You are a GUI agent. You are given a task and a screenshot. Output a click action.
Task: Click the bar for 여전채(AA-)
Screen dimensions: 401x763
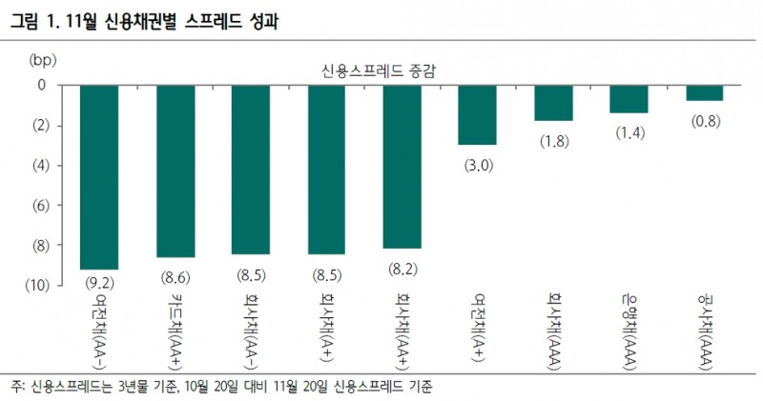[x=99, y=177]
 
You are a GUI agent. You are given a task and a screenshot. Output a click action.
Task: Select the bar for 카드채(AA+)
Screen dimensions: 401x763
[x=175, y=171]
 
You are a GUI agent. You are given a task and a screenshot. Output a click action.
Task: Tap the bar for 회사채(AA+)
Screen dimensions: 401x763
[x=402, y=167]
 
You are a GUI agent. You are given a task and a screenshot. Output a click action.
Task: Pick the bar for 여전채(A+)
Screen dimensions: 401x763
[x=478, y=114]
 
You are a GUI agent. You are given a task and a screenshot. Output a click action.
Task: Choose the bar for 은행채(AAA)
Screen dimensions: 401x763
[x=629, y=99]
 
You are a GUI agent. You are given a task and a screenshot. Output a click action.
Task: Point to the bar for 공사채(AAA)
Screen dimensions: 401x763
[x=705, y=92]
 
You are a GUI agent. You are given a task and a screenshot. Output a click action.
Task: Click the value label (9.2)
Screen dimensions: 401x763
[x=99, y=282]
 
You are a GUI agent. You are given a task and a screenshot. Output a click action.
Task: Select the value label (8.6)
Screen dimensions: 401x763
[x=175, y=276]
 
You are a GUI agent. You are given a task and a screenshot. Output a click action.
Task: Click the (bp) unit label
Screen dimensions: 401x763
[x=45, y=60]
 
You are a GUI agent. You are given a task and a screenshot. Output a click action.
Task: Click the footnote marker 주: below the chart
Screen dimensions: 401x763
[x=18, y=387]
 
